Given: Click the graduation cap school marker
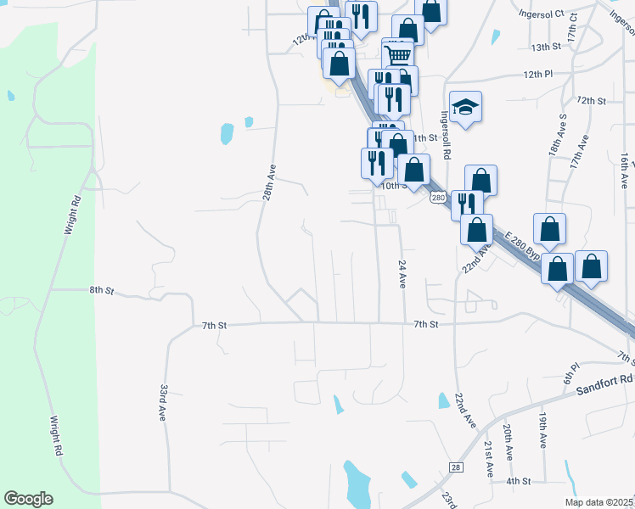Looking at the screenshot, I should pos(465,107).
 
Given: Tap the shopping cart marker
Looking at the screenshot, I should pos(398,54).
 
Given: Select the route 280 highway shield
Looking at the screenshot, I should pos(437,198).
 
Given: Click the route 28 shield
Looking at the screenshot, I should pos(456,467).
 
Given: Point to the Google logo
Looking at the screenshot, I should pos(28,499).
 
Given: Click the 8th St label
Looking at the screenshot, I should pos(102,290).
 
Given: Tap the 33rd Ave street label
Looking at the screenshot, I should pos(163,402).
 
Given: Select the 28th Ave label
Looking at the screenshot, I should pos(268,182).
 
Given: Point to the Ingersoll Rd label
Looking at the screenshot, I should pos(446,136).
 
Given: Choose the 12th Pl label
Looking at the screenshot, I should pos(538,75).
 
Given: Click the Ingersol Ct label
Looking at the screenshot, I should pos(542,14).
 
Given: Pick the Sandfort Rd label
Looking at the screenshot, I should pos(604,384).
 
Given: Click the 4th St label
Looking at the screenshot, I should pos(518,481).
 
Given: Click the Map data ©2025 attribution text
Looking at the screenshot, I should pos(598,502).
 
